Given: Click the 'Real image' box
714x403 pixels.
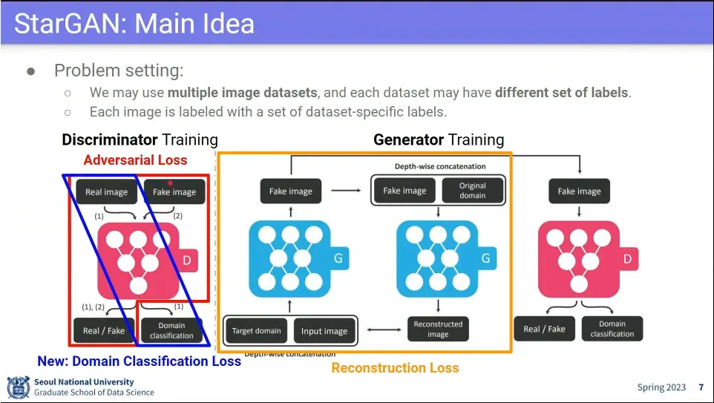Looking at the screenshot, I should [106, 191].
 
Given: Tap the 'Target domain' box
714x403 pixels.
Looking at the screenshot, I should [257, 331].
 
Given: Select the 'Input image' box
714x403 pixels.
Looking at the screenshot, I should [324, 331].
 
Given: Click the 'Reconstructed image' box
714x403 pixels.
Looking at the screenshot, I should [438, 329].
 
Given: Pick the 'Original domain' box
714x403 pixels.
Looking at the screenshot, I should [472, 191].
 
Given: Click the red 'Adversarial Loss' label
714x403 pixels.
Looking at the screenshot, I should [135, 160].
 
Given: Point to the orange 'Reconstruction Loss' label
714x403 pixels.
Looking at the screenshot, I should [395, 367].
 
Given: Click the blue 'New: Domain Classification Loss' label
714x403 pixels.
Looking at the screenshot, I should [139, 361].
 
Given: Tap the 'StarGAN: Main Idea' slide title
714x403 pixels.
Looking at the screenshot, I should [134, 24].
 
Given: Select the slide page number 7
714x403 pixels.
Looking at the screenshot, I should [701, 387].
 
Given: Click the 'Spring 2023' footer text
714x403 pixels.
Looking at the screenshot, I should [662, 387].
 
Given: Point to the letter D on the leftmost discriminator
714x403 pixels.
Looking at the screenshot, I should [188, 260].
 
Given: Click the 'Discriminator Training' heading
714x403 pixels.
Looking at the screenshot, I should [140, 140].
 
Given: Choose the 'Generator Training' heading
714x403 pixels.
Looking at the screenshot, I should [439, 140].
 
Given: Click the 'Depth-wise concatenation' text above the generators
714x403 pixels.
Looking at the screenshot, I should [439, 166].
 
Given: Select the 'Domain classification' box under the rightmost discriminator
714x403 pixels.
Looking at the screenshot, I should [612, 329].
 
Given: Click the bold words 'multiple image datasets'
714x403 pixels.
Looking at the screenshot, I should [242, 93].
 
